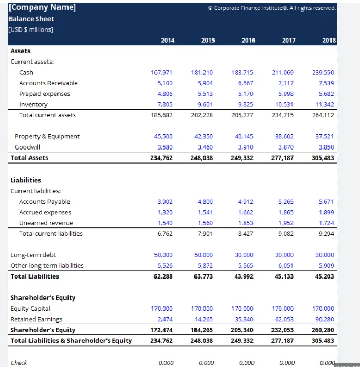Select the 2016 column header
[x=248, y=40]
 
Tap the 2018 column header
[x=329, y=40]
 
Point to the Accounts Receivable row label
[x=48, y=83]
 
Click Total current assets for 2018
[x=324, y=115]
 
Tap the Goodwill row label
[x=27, y=147]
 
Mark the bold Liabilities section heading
[x=26, y=180]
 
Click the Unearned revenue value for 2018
[x=326, y=223]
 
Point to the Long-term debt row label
[x=33, y=255]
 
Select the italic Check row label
[x=19, y=362]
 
